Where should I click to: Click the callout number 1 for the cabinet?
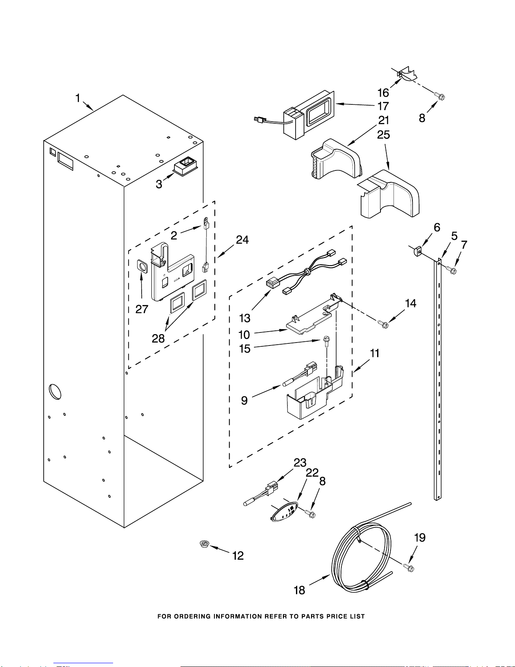pos(78,98)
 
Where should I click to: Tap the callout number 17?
pos(383,106)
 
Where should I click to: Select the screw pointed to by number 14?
pos(383,324)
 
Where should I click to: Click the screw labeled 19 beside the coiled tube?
pos(409,568)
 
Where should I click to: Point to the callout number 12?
pos(238,556)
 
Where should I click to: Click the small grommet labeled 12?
pos(204,545)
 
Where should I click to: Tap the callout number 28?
pos(158,338)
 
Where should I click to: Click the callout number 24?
pos(242,240)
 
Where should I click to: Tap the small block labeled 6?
pos(417,252)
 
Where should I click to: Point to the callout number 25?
pos(383,135)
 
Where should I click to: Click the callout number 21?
pos(383,120)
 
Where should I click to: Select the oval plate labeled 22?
pos(285,512)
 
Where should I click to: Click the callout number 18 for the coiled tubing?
pos(299,590)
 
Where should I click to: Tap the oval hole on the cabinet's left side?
pos(55,392)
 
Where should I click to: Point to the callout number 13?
pos(245,318)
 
